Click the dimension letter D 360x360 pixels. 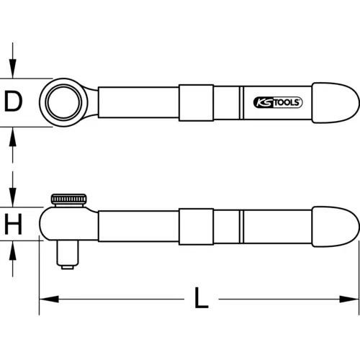coord(12,102)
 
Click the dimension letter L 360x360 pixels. coord(201,297)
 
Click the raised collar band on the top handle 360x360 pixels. coord(196,102)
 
